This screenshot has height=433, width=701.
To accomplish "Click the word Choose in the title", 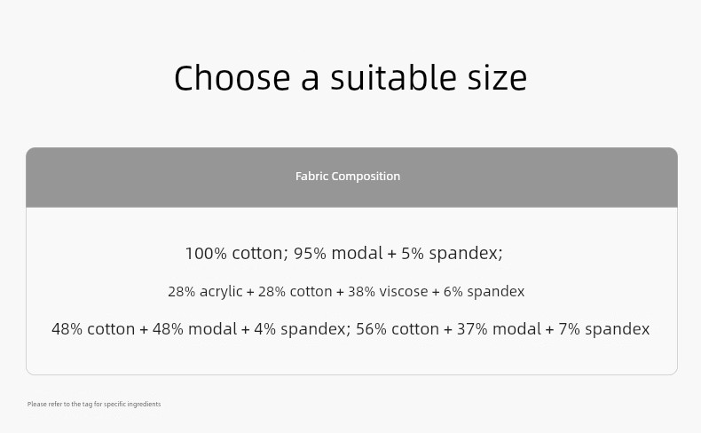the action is click(232, 77).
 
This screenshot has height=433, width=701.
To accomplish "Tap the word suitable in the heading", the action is click(393, 77).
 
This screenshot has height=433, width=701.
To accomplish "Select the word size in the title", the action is click(497, 77).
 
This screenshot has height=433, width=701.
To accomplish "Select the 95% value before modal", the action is click(310, 254).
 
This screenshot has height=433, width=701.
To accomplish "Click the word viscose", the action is click(403, 291).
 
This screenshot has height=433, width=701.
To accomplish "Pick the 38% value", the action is click(361, 291).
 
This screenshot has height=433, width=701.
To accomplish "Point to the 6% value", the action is click(453, 291).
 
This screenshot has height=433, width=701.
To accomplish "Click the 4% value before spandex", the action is click(265, 329).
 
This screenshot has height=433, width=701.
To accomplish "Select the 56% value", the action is click(371, 329).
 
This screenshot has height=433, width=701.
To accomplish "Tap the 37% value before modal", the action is click(472, 329).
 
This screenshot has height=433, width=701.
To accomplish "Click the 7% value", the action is click(569, 329).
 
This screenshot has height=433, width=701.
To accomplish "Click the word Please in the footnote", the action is click(36, 404).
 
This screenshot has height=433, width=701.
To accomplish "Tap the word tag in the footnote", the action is click(87, 405).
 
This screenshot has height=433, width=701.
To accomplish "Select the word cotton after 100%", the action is click(257, 254).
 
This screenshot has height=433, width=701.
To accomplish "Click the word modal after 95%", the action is click(357, 254).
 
